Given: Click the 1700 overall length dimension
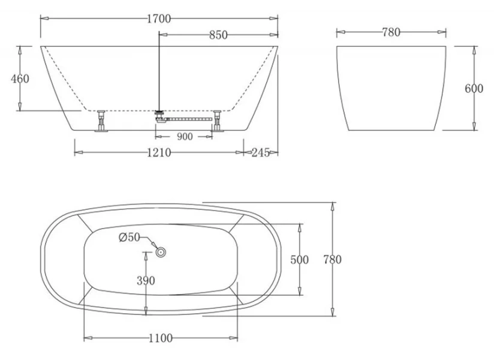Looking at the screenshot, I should pos(159,19).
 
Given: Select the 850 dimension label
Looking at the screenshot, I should pos(218,35).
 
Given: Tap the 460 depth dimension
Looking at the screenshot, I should pos(20,79).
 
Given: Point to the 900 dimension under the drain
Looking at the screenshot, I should pos(185,137).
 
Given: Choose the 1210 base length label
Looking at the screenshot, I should pos(159,153).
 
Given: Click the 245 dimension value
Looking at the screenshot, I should pos(260,153).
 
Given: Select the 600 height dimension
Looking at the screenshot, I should pos(474,88).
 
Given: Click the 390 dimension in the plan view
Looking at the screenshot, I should pos(146,280).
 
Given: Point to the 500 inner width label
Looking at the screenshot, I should pos(299,260).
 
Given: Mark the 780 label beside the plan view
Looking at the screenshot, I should pos(332,260).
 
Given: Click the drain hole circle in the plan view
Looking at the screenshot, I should pos(161,253).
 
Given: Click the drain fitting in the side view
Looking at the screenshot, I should pos(159,115).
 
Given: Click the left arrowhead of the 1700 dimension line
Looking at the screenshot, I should pos(44,19).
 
